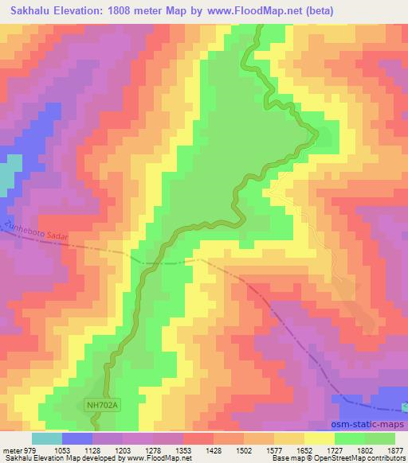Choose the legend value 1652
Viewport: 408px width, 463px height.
304,451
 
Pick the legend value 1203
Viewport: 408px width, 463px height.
123,451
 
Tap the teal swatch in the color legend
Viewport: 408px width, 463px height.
47,439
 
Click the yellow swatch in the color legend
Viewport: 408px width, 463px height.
320,439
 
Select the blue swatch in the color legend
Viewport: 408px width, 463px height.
77,439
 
